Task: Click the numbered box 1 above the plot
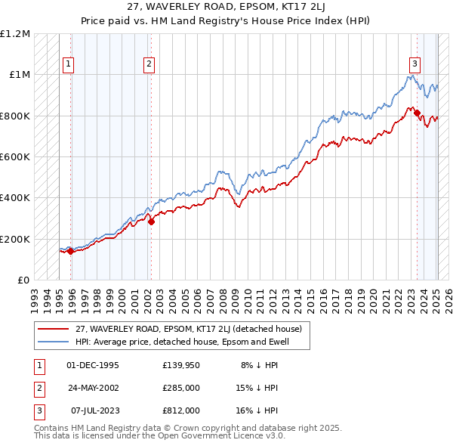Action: (69, 65)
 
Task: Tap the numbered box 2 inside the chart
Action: (149, 65)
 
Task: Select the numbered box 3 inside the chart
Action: (414, 65)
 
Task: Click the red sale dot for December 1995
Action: (71, 251)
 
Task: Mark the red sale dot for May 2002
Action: (151, 221)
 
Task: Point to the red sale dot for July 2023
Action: (417, 113)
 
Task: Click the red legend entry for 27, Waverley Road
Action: (189, 329)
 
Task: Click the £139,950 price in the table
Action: (181, 365)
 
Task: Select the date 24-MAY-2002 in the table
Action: (93, 388)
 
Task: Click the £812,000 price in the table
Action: (181, 410)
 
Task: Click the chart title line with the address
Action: (226, 9)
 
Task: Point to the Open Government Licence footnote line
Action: (159, 436)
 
